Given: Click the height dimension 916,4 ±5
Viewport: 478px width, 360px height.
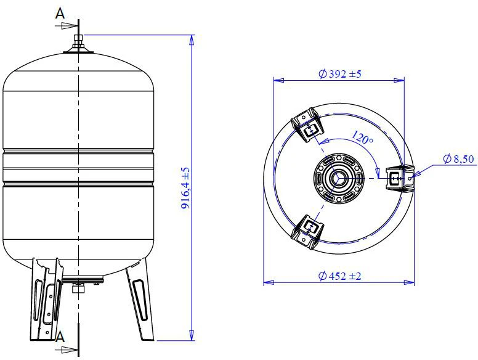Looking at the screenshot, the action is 185,188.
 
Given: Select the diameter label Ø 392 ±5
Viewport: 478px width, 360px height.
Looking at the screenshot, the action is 339,74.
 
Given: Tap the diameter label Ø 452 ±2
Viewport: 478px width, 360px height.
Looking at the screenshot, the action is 339,276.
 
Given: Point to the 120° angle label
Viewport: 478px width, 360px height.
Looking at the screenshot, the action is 362,137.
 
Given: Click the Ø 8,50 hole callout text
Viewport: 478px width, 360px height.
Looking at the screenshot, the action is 458,158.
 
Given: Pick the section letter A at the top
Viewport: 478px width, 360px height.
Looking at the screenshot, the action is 60,14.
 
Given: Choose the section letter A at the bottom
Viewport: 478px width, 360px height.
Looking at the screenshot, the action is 60,337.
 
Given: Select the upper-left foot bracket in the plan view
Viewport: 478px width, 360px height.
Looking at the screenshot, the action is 307,124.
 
